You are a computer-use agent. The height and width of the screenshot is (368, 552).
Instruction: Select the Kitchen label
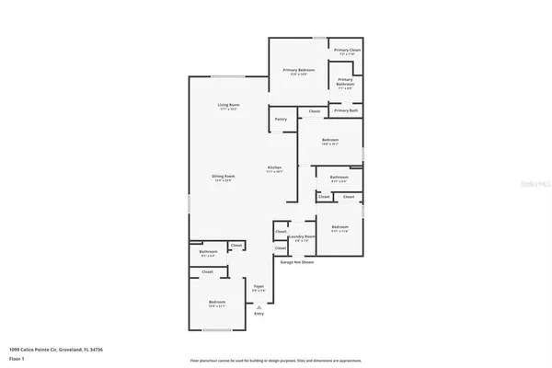tap(274, 167)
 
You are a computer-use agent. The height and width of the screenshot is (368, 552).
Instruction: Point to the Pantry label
tap(281, 119)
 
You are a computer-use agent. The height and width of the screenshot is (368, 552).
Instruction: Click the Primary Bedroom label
tap(299, 71)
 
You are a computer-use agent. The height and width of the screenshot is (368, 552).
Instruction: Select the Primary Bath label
tap(347, 110)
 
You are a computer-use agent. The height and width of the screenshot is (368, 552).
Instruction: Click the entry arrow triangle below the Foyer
tap(259, 305)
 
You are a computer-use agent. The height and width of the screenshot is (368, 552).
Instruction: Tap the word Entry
tap(259, 314)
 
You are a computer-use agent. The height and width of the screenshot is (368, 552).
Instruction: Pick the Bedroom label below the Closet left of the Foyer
tap(217, 303)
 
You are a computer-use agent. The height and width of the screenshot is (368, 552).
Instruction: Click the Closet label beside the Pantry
tap(315, 111)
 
